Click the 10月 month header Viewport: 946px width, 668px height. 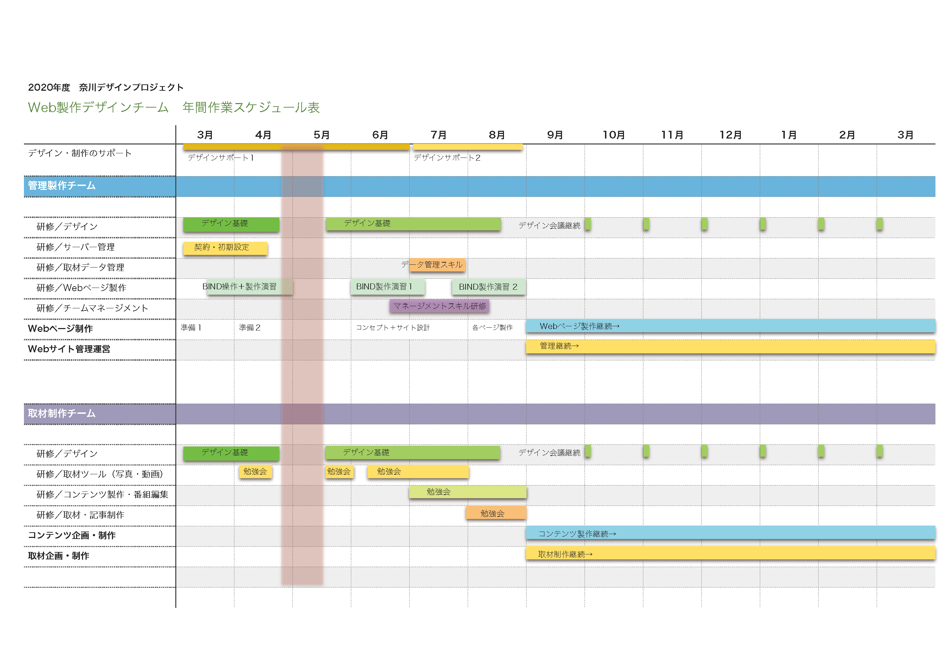pyautogui.click(x=613, y=135)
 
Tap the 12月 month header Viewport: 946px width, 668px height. pyautogui.click(x=730, y=135)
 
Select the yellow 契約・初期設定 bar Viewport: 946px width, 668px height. pyautogui.click(x=225, y=248)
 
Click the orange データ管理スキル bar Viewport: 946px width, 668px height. pyautogui.click(x=437, y=265)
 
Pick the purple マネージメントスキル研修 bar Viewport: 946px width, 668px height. pyautogui.click(x=439, y=306)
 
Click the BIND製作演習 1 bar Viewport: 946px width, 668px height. pyautogui.click(x=387, y=287)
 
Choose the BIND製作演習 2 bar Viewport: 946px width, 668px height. pyautogui.click(x=488, y=287)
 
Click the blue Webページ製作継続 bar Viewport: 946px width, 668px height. pyautogui.click(x=730, y=326)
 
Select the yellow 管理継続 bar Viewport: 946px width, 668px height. pyautogui.click(x=730, y=346)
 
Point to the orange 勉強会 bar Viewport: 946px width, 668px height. pyautogui.click(x=496, y=513)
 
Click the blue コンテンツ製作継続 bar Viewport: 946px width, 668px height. pyautogui.click(x=730, y=533)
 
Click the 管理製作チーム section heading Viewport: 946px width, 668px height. pyautogui.click(x=62, y=186)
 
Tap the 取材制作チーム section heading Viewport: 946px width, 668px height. pyautogui.click(x=62, y=413)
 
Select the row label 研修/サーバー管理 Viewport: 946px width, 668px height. pyautogui.click(x=75, y=247)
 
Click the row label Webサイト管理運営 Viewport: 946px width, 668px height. pyautogui.click(x=69, y=349)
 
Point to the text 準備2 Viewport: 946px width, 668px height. pyautogui.click(x=249, y=328)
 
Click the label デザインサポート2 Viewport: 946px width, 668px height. pyautogui.click(x=447, y=158)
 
